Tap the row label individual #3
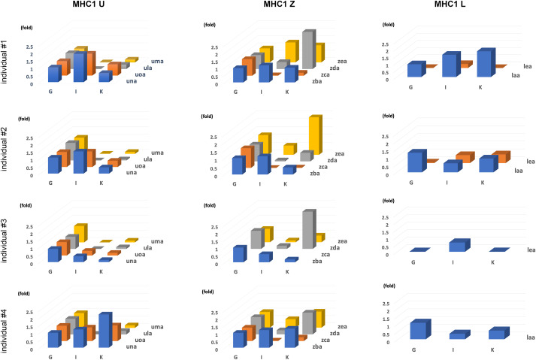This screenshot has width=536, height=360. (x=7, y=234)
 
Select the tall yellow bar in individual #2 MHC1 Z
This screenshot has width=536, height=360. (x=314, y=140)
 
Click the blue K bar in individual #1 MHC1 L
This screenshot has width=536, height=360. (x=484, y=65)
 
